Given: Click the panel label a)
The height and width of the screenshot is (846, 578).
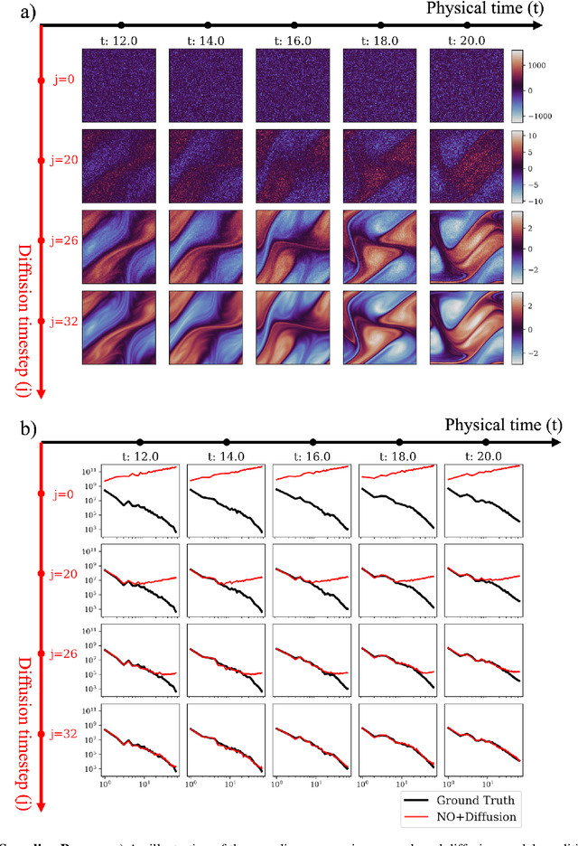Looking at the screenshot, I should click(x=14, y=12).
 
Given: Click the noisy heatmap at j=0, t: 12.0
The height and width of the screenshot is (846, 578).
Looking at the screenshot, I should click(x=118, y=85).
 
